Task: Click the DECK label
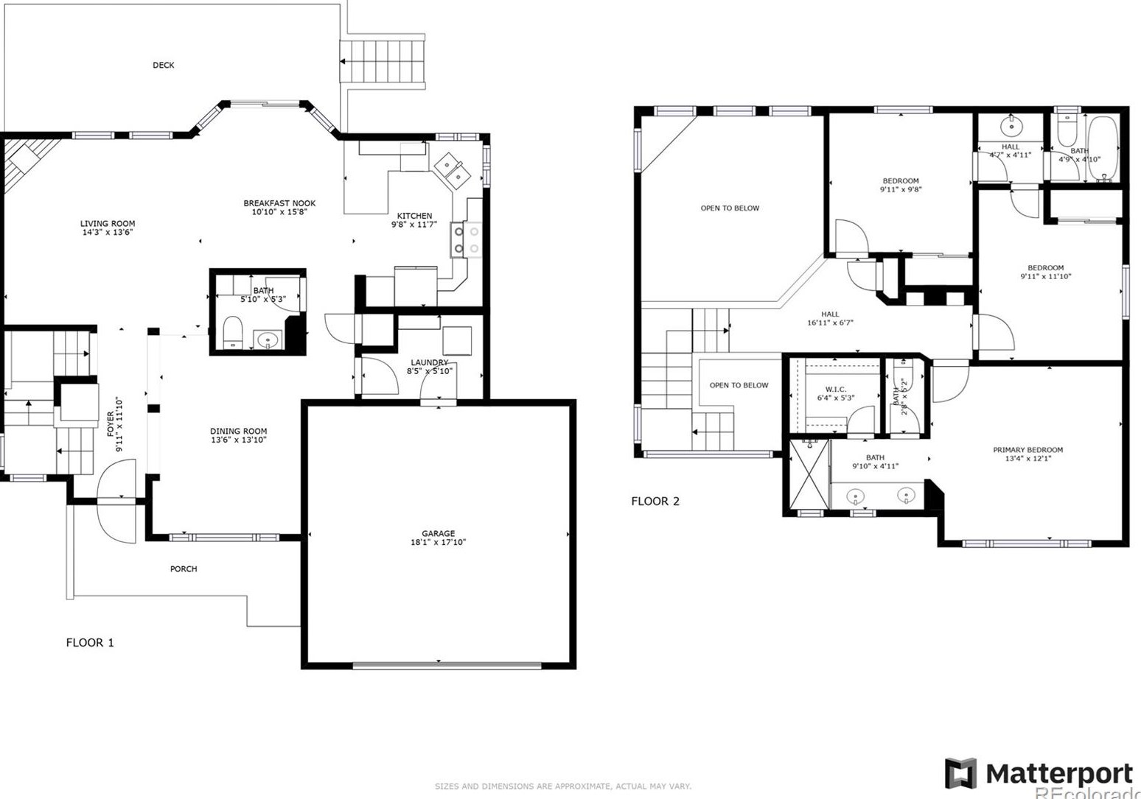[x=163, y=66]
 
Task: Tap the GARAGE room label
[x=438, y=533]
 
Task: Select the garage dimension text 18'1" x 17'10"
[x=438, y=543]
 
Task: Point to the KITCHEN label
[x=414, y=216]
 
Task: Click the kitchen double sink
[x=452, y=169]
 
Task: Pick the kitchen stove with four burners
[x=466, y=240]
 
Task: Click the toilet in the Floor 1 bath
[x=232, y=333]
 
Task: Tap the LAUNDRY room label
[x=429, y=362]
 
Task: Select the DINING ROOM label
[x=238, y=432]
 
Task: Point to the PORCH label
[x=184, y=569]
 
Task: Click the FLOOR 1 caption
[x=90, y=642]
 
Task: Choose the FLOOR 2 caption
[x=655, y=501]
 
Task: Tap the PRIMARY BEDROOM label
[x=1027, y=450]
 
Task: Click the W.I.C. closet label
[x=835, y=390]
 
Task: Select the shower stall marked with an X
[x=809, y=475]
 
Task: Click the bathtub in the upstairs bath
[x=1103, y=149]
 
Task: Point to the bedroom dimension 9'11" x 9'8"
[x=900, y=190]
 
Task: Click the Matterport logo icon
[x=960, y=773]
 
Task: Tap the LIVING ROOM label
[x=108, y=223]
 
